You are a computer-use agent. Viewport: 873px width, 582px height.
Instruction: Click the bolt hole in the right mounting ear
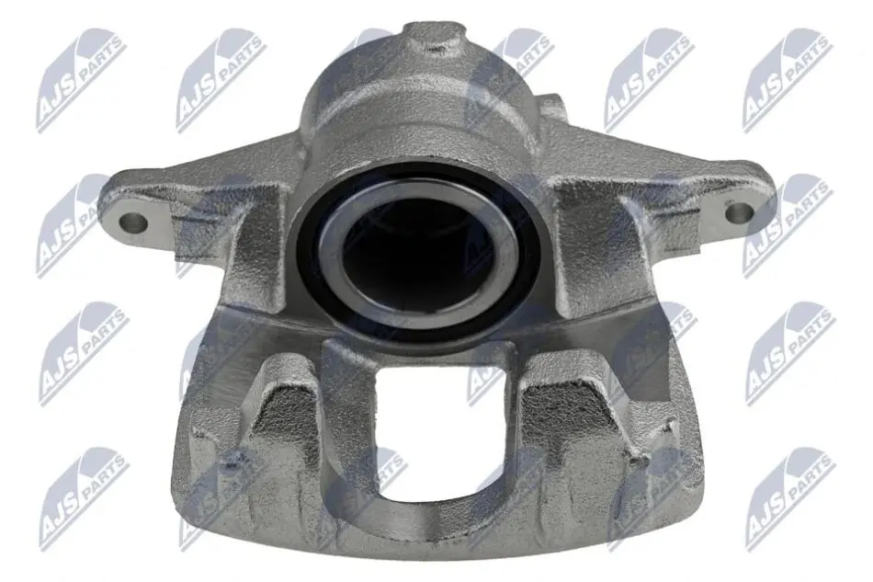coord(739,212)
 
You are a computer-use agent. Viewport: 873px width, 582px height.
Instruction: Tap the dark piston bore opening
coord(419,250)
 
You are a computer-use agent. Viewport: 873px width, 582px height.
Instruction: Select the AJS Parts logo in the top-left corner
coord(80,81)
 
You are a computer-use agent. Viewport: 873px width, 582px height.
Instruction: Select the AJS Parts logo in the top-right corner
coord(788,81)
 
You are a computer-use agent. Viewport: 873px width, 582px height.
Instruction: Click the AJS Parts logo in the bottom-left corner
coord(84,500)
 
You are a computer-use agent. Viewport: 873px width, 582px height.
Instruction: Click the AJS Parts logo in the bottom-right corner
coord(790,500)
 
